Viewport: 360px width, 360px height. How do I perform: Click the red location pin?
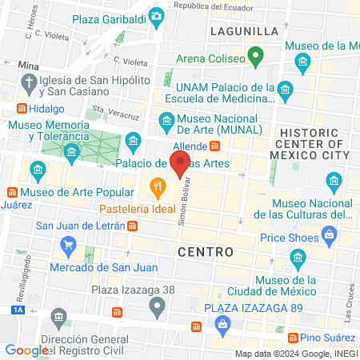(181, 163)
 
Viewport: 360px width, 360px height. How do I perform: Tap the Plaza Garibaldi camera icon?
(157, 15)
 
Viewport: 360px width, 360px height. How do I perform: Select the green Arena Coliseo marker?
(255, 55)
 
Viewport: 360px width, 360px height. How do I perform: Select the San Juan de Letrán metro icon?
(132, 225)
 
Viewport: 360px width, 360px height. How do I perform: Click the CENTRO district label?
(205, 251)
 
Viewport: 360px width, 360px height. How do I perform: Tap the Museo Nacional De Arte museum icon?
(166, 122)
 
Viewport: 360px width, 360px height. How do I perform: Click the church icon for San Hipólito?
(30, 83)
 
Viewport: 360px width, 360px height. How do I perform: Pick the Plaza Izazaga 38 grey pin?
(158, 305)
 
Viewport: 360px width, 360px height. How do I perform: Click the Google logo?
(26, 350)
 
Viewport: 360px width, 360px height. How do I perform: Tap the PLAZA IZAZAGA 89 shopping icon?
(222, 323)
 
